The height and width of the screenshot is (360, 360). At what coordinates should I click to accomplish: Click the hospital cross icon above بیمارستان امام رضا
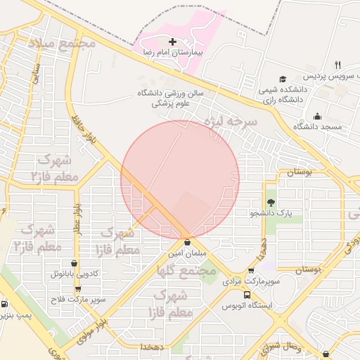tap(173, 42)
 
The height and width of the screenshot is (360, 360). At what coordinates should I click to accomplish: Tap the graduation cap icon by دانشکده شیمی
tap(283, 79)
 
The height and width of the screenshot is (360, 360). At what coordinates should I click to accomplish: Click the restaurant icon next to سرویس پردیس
tap(337, 65)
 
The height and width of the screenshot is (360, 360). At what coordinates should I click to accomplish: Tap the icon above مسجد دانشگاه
tap(317, 116)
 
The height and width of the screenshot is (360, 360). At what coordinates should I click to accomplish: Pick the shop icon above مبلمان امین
tap(186, 242)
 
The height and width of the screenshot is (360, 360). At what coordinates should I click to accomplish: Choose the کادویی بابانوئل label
tap(78, 274)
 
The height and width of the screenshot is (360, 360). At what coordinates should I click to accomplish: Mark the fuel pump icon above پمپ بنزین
tap(6, 304)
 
